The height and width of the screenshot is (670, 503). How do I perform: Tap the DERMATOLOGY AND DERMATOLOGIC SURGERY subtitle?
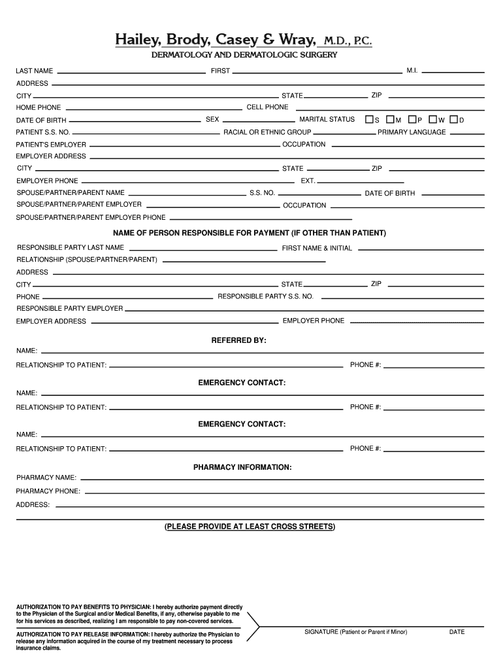pos(244,55)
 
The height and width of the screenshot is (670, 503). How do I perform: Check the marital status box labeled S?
pos(370,120)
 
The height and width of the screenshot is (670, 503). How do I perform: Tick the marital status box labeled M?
pos(390,120)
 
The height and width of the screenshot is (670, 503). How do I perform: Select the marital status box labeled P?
pos(412,120)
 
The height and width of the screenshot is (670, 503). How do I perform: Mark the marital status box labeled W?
pos(432,120)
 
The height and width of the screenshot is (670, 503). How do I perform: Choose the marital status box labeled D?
pos(453,120)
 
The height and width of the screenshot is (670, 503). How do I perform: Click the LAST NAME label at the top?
pos(35,71)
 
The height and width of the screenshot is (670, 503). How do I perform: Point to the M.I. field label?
pos(412,70)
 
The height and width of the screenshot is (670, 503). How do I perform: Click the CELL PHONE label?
pos(267,107)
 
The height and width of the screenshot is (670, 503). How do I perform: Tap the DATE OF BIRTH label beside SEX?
pos(41,120)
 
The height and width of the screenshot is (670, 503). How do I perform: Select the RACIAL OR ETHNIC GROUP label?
pos(267,132)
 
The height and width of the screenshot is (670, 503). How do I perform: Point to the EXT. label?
pos(308,181)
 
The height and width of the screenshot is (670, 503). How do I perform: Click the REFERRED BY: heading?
pos(238,341)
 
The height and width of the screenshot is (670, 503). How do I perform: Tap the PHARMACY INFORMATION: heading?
pos(242,467)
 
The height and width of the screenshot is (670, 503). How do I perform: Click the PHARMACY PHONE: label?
pos(48,491)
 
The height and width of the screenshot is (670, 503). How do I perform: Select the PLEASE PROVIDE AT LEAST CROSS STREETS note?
pos(250,526)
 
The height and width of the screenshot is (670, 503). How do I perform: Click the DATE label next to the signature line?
pos(457,632)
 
